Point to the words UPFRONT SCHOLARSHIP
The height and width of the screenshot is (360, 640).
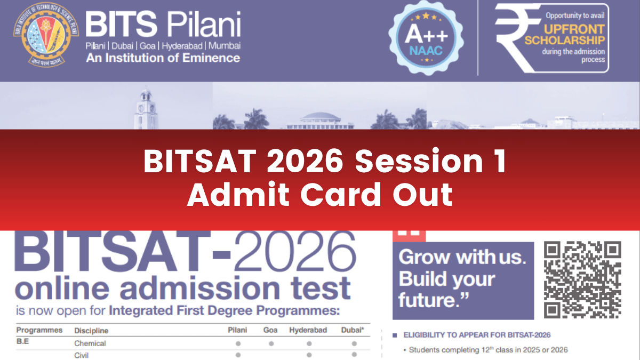coord(574,35)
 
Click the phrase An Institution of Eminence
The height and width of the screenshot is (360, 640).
coord(163,58)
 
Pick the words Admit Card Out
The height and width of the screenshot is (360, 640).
coord(320,196)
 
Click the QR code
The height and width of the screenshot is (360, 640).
coord(582,279)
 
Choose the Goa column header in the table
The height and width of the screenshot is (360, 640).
coord(270,331)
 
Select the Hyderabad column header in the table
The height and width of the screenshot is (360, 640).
coord(308,331)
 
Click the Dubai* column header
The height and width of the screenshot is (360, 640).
coord(353,331)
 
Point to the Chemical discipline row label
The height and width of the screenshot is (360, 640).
coord(90,343)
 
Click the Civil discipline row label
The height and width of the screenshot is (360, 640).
coord(81,355)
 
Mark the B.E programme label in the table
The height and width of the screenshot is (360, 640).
coord(22,342)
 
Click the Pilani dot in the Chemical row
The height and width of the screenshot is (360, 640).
coord(238,343)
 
